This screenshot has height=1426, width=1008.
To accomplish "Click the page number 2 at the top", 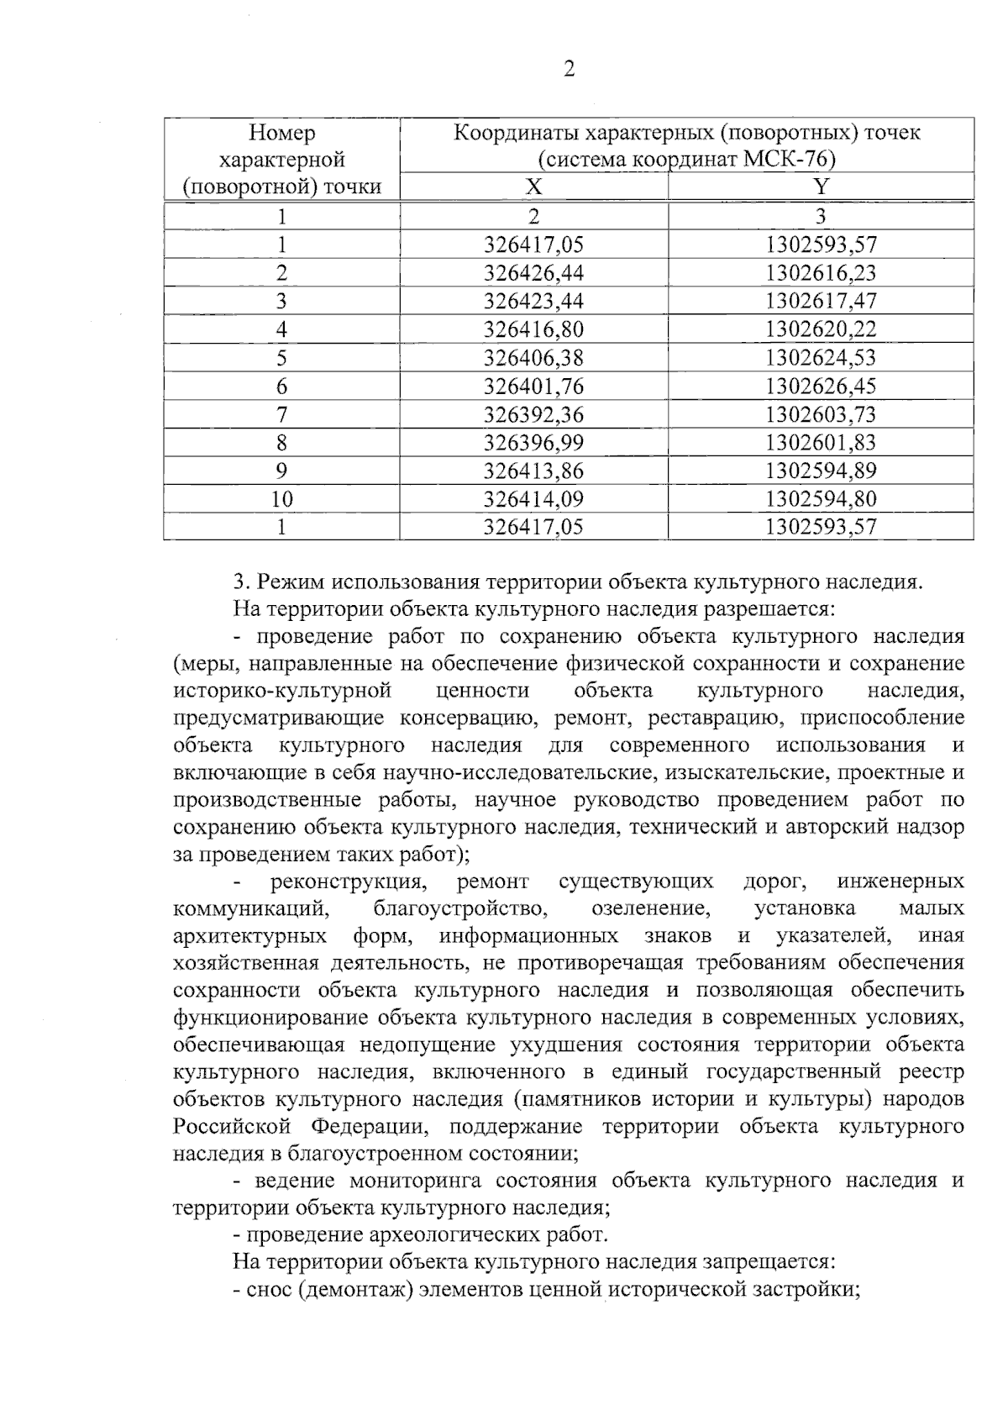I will click(x=569, y=70).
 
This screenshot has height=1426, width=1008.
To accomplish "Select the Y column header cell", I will click(x=821, y=187).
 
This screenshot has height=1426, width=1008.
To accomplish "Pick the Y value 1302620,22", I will click(x=821, y=329).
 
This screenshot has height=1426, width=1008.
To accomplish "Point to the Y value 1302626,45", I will click(x=821, y=386).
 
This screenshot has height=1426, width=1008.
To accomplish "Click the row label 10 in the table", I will click(x=281, y=499).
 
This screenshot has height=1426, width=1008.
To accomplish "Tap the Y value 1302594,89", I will click(x=821, y=471).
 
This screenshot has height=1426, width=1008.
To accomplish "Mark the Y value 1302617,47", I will click(x=821, y=300).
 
